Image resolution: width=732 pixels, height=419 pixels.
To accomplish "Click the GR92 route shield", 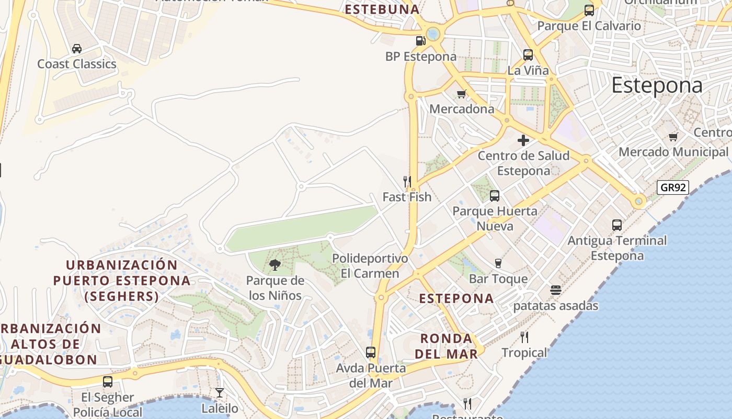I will tap(672, 188).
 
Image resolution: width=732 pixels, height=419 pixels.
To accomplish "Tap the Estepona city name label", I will tap(657, 85).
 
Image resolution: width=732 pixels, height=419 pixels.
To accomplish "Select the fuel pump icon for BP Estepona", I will tap(420, 40).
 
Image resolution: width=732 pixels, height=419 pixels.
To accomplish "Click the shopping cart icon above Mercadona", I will tap(461, 94).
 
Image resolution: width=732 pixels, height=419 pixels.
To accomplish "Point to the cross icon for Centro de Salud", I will tap(523, 140).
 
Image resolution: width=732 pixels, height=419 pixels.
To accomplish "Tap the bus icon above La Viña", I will tap(528, 54).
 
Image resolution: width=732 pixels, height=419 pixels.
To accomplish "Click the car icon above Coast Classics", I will tap(77, 49).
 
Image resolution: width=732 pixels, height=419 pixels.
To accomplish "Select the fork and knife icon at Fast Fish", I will tap(407, 182).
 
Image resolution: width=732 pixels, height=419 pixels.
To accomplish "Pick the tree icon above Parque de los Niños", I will tap(275, 265).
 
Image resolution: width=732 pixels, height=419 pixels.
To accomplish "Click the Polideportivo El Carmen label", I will tap(370, 266).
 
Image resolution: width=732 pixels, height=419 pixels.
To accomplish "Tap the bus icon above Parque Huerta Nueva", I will tap(495, 196).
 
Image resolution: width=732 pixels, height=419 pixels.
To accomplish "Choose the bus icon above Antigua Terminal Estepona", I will tap(617, 225).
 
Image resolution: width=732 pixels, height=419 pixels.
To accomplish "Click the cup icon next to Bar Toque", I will tap(498, 263).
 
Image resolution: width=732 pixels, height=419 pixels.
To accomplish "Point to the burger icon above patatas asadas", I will tap(555, 290).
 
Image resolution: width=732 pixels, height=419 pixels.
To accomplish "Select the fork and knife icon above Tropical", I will tap(524, 337).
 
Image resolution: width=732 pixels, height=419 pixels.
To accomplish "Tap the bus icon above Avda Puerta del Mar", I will tap(371, 352).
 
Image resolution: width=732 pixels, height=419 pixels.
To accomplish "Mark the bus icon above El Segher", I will tap(108, 382).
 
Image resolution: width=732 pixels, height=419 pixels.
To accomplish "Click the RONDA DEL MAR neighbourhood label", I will tap(446, 346).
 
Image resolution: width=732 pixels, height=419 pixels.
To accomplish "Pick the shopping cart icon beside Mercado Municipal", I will tap(673, 137).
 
